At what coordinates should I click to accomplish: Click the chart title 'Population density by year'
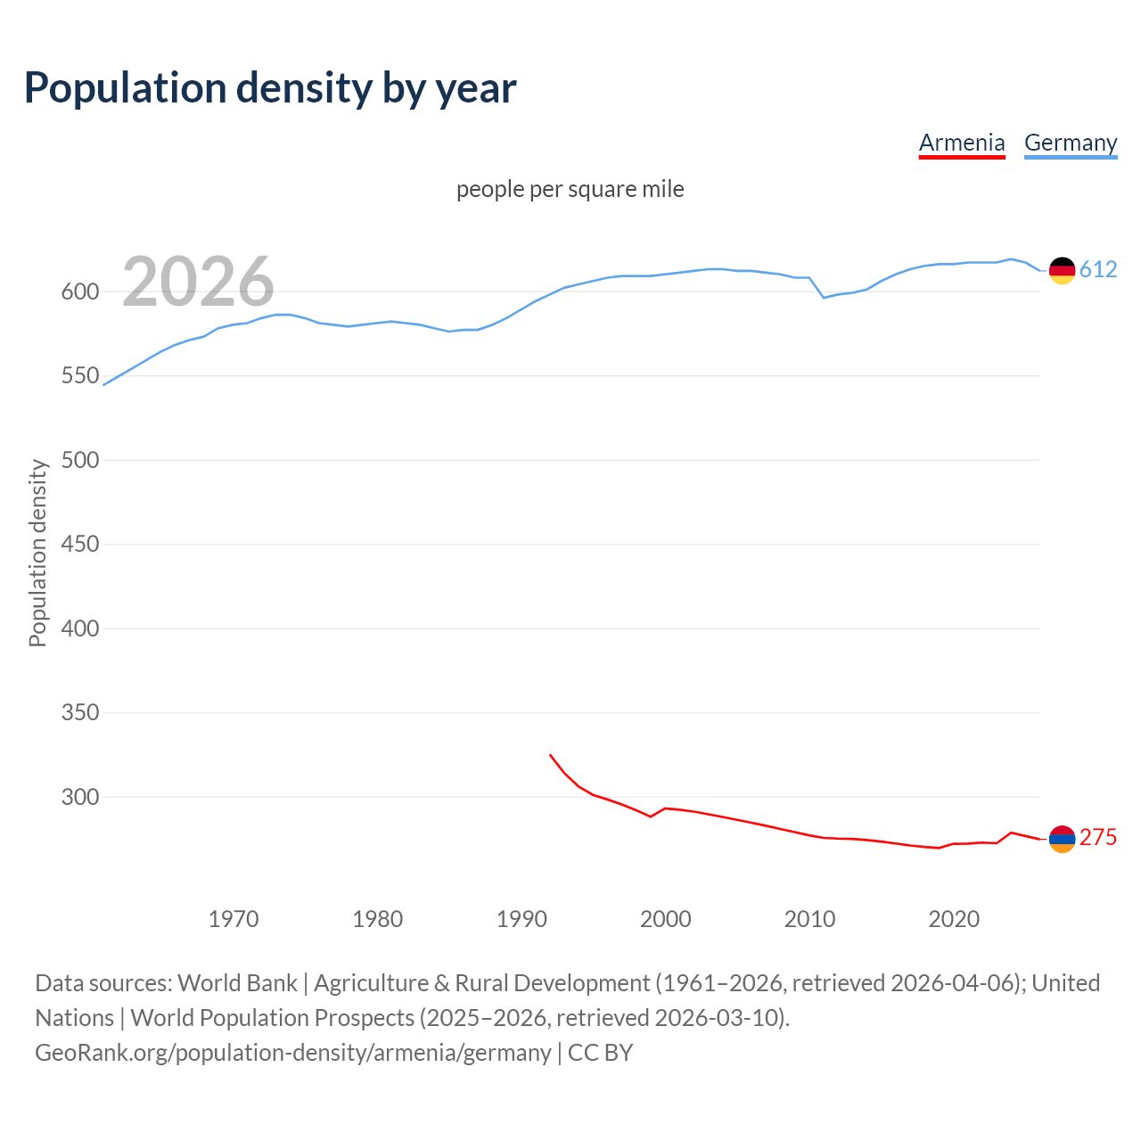pyautogui.click(x=270, y=87)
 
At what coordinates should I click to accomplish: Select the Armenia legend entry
pyautogui.click(x=962, y=143)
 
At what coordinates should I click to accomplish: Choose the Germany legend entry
pyautogui.click(x=1071, y=143)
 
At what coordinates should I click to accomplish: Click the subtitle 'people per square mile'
pyautogui.click(x=570, y=189)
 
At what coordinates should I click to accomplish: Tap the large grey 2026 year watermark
pyautogui.click(x=198, y=282)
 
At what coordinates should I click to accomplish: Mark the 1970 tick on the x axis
pyautogui.click(x=234, y=919)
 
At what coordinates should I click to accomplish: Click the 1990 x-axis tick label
pyautogui.click(x=521, y=919)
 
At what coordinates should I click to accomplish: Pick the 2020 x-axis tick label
pyautogui.click(x=954, y=919)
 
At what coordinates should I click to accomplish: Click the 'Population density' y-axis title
pyautogui.click(x=37, y=553)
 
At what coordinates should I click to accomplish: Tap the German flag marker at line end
pyautogui.click(x=1062, y=270)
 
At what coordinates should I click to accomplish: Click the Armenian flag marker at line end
pyautogui.click(x=1062, y=839)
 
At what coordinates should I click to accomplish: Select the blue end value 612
pyautogui.click(x=1098, y=269)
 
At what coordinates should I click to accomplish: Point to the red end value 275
pyautogui.click(x=1098, y=838)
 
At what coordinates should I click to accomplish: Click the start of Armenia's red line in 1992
pyautogui.click(x=551, y=755)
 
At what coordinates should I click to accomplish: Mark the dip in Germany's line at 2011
pyautogui.click(x=824, y=298)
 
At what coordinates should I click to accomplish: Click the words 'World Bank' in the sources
pyautogui.click(x=237, y=983)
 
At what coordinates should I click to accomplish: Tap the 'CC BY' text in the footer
pyautogui.click(x=600, y=1053)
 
